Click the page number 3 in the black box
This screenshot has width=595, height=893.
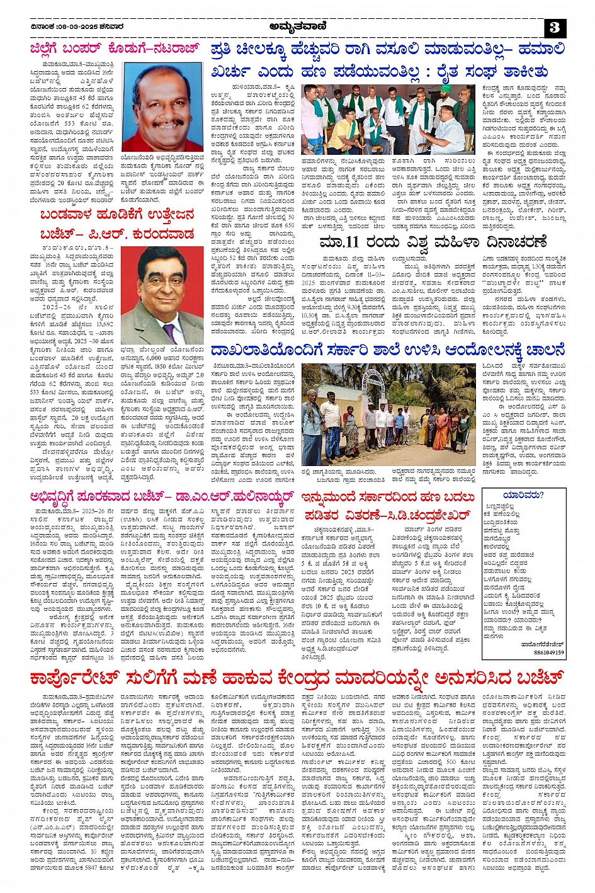coord(555,27)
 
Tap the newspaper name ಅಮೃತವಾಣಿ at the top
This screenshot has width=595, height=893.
coord(298,26)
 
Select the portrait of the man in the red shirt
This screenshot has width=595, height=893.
coord(163,107)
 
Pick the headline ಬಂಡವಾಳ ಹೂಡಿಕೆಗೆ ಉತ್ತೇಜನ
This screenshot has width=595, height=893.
coord(116,215)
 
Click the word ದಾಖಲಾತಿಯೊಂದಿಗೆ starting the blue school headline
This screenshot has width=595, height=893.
coord(259,350)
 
